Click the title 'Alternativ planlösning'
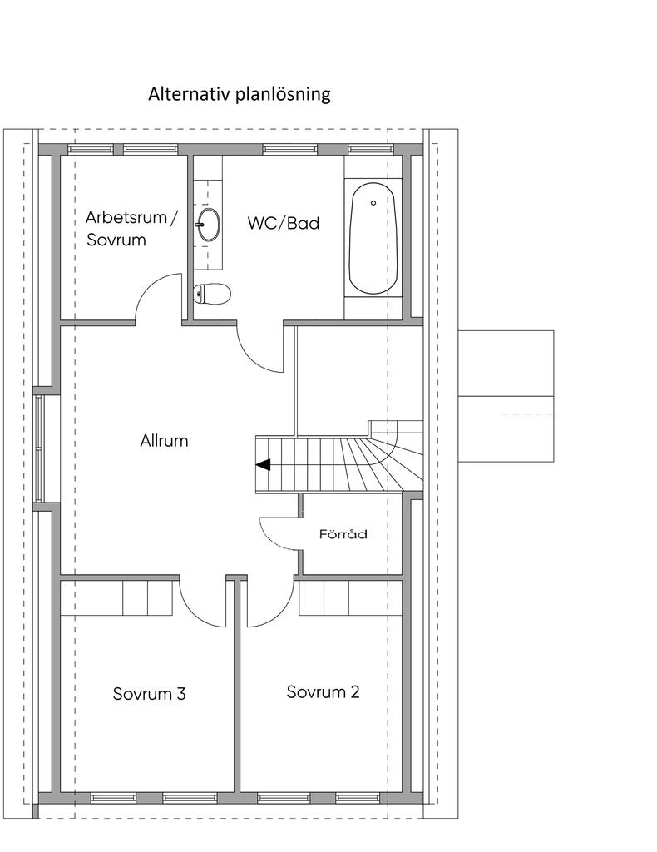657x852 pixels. [239, 94]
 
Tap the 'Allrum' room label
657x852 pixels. [164, 441]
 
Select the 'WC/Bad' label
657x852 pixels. [284, 223]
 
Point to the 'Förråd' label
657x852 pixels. [343, 534]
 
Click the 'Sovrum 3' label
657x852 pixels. [150, 693]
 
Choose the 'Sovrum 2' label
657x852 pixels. [323, 691]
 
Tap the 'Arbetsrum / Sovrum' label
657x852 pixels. [131, 228]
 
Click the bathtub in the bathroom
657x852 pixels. [373, 239]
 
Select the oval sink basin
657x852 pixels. [209, 224]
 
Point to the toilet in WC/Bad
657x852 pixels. [212, 294]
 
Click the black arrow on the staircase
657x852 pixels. [264, 465]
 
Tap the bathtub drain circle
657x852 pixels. [373, 203]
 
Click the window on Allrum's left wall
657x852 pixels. [38, 448]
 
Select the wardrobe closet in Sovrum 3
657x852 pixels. [120, 597]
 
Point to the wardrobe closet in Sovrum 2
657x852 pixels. [351, 597]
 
